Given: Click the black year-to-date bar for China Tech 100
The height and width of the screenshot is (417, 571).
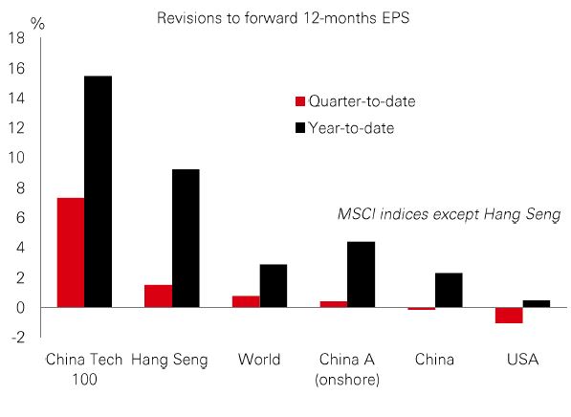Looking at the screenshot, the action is (x=98, y=191).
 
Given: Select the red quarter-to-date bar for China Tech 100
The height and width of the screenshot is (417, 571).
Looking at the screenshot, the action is (x=71, y=252).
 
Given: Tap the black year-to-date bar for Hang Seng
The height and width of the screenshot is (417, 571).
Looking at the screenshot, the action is (x=186, y=238).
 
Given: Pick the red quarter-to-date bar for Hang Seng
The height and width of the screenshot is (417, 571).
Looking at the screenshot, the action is (x=159, y=296).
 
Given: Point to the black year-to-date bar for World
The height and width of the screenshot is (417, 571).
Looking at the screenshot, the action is (x=274, y=286).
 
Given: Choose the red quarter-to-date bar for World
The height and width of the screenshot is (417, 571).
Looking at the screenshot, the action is (x=246, y=301).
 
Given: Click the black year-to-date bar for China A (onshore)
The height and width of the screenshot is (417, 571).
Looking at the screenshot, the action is (x=361, y=274).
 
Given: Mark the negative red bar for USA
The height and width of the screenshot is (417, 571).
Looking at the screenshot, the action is (x=509, y=316).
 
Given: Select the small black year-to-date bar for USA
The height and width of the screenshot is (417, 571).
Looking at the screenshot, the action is (x=537, y=304).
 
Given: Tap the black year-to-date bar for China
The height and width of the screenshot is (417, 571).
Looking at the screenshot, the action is (x=449, y=290).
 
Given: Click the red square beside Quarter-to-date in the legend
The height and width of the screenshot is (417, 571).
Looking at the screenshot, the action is (x=300, y=101).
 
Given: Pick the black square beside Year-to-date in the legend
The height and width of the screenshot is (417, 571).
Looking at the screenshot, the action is (x=300, y=128).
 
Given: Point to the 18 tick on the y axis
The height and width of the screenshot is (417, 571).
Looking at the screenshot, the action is (x=17, y=38).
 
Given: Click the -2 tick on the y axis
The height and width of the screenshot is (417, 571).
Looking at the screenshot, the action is (x=18, y=338).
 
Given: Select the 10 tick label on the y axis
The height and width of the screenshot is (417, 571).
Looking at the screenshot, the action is (x=17, y=158).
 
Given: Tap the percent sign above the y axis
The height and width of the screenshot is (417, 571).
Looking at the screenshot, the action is (x=37, y=24).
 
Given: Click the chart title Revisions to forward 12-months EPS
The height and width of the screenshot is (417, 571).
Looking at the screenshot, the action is (x=283, y=18).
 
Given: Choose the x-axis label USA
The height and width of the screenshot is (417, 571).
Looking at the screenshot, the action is (x=522, y=360).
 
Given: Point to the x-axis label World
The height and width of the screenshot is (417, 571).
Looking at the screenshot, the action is (x=259, y=360).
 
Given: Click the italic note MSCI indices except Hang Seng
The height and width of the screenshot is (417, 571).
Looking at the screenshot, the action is (x=449, y=214).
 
